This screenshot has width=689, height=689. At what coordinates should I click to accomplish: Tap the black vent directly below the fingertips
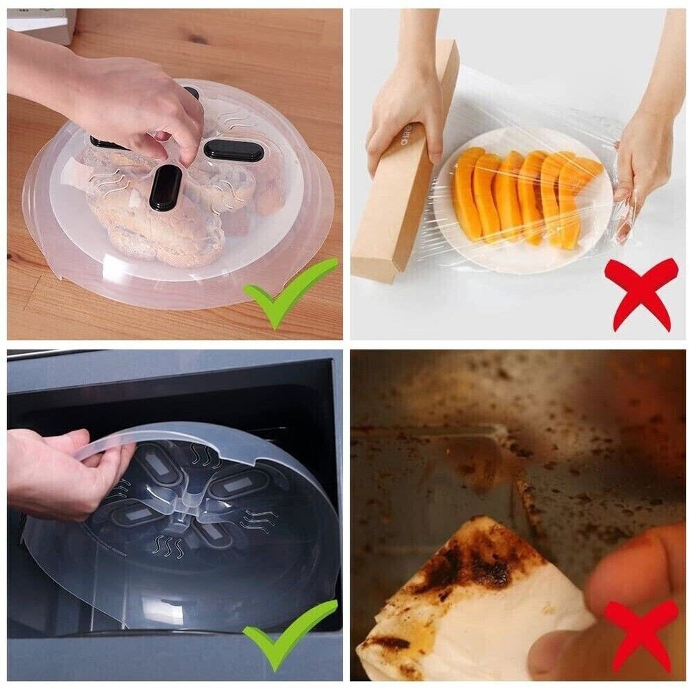pos(165,187)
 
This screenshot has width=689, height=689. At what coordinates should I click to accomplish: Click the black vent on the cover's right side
pos(233,149)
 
